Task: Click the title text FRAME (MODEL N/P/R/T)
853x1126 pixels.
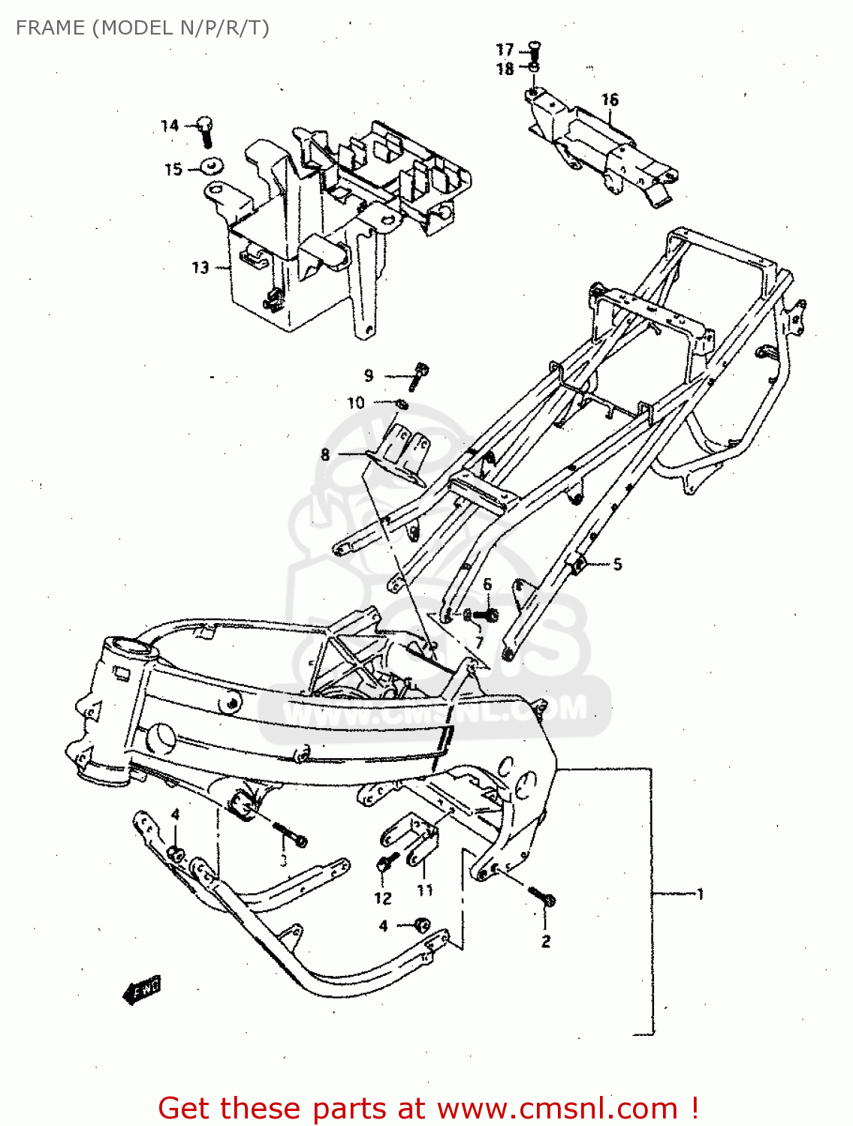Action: coord(142,28)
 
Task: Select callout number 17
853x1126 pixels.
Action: coord(505,50)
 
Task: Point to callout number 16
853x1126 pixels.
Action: coord(609,99)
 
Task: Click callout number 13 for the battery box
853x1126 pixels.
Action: coord(200,267)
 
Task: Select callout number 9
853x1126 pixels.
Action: coord(369,375)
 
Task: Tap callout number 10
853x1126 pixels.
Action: coord(355,403)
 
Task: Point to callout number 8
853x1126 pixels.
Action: coord(325,454)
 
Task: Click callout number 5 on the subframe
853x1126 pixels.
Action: coord(617,564)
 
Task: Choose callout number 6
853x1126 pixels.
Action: coord(487,584)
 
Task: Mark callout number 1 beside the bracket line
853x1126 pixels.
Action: coord(700,893)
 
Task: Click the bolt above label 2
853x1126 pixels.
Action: coord(541,896)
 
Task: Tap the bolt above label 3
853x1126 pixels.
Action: coord(291,835)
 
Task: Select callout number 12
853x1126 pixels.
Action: coord(382,898)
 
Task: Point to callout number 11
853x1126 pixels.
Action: coord(425,890)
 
